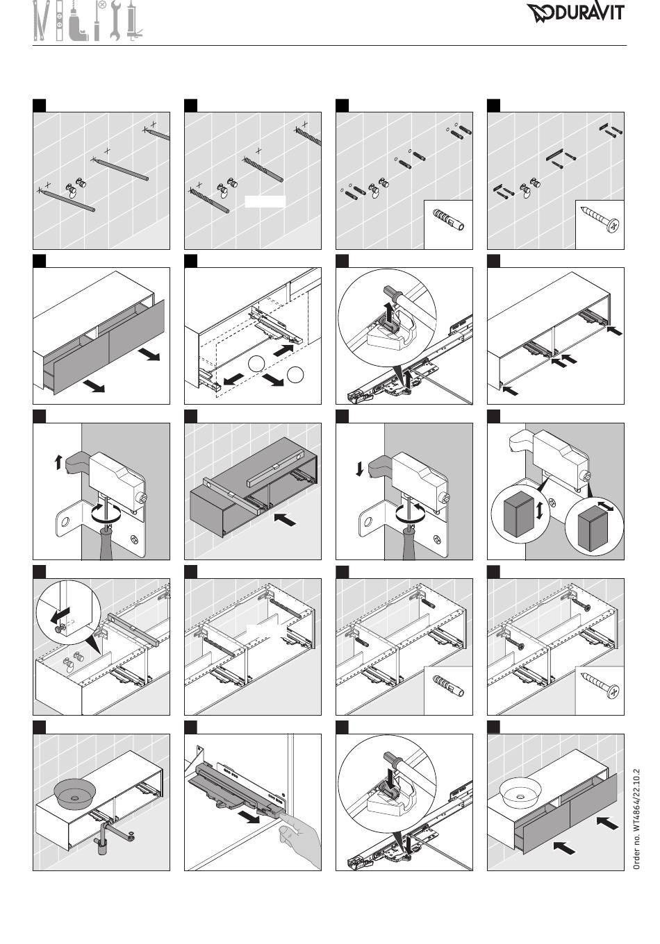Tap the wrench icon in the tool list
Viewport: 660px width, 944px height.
point(116,21)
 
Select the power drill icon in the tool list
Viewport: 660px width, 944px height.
point(83,24)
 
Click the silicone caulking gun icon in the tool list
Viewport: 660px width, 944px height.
point(133,24)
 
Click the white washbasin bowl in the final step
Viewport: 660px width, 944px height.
point(521,789)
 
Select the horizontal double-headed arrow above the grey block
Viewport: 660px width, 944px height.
point(606,508)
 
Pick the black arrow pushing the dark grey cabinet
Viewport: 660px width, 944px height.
point(286,518)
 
